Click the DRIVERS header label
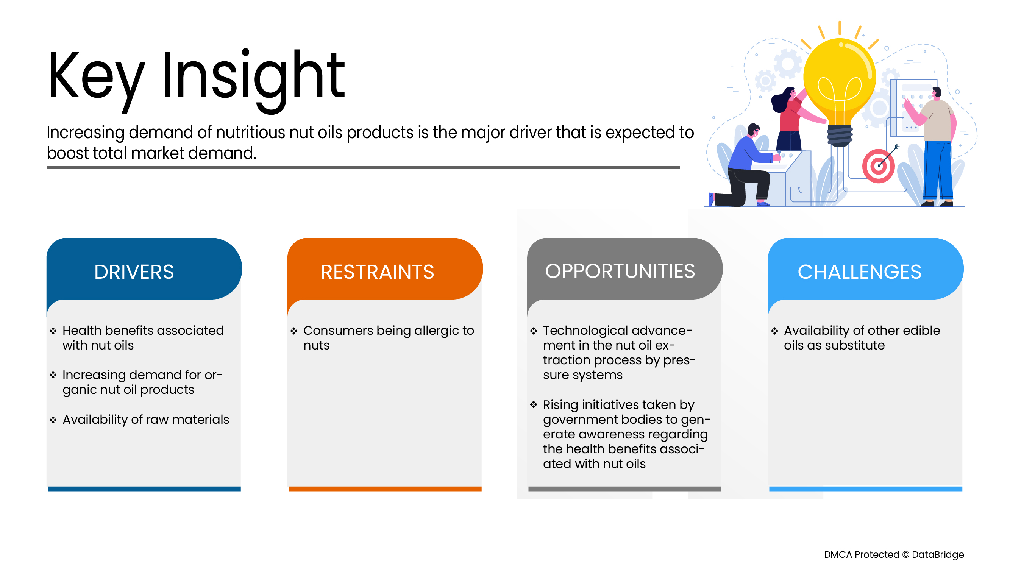point(134,272)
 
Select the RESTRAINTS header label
point(377,272)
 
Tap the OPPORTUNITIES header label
point(620,271)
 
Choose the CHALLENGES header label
point(859,272)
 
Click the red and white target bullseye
point(878,166)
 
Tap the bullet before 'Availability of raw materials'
point(53,420)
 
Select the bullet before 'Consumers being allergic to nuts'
point(294,331)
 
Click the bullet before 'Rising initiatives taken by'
point(534,404)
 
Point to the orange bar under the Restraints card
point(385,488)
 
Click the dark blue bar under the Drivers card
point(144,488)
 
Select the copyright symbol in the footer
point(905,554)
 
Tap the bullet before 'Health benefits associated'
point(53,331)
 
